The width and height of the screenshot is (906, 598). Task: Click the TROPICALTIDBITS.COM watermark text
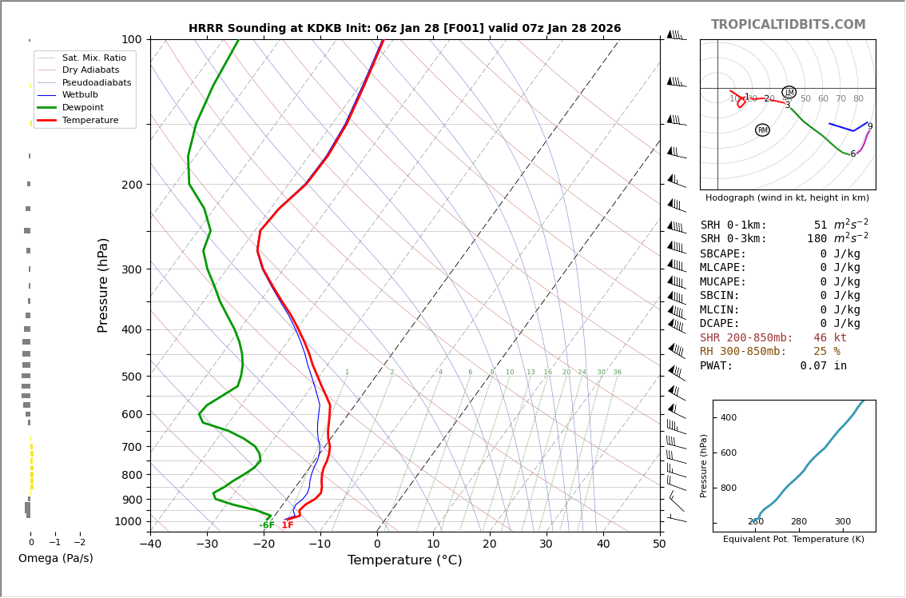tap(788, 25)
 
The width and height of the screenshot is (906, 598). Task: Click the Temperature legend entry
tap(89, 120)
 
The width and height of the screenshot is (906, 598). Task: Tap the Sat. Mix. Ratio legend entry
tap(93, 58)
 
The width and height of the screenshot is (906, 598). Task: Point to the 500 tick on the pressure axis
tap(131, 377)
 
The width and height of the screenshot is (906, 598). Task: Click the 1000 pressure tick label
tap(128, 521)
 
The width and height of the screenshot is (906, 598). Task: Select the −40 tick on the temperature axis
tap(150, 544)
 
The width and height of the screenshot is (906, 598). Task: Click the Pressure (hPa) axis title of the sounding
tap(103, 285)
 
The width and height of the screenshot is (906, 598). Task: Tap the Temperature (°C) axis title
tap(404, 560)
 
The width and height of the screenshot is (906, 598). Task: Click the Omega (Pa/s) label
tap(55, 558)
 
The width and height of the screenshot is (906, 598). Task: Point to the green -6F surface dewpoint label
tap(267, 525)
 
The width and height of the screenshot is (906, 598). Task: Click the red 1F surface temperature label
tap(288, 525)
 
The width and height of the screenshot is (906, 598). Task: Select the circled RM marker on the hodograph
tap(762, 130)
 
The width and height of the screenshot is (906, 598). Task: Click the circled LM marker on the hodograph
tap(789, 93)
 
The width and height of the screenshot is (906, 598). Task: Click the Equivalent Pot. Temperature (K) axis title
tap(793, 540)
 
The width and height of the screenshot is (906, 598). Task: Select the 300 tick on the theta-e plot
tap(842, 522)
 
